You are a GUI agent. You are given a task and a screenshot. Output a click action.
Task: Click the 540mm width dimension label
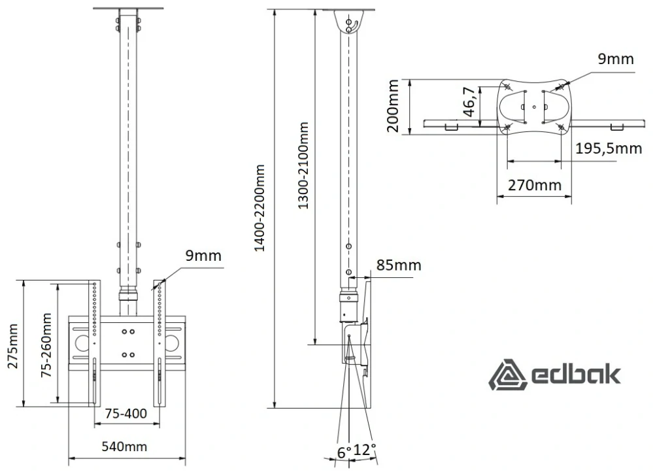[124, 447]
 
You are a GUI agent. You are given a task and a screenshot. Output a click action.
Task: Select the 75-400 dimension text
[126, 414]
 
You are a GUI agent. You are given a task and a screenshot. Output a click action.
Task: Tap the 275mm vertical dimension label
[13, 345]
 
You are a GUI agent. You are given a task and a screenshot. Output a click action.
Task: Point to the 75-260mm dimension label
[46, 345]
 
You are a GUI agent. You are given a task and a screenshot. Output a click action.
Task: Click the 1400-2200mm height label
[260, 208]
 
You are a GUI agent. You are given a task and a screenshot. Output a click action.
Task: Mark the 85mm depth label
[399, 265]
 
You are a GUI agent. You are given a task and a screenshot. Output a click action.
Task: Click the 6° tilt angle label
[344, 452]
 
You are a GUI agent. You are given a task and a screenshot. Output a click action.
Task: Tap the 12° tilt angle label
[365, 450]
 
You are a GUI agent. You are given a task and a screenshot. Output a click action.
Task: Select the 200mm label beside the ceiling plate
[393, 106]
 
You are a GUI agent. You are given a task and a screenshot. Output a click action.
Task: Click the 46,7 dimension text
[469, 101]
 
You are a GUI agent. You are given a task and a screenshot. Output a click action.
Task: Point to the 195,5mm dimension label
[609, 148]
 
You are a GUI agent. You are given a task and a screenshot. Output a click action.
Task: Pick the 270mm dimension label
[534, 184]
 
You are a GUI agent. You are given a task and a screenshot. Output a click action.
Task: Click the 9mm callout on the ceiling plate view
[616, 59]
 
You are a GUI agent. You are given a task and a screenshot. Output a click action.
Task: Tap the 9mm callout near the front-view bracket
[203, 256]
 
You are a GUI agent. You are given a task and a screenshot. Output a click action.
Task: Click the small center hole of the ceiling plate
[534, 107]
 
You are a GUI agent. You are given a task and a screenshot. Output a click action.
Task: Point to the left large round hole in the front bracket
[82, 343]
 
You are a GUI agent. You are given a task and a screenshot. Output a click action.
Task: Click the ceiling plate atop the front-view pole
[128, 8]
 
